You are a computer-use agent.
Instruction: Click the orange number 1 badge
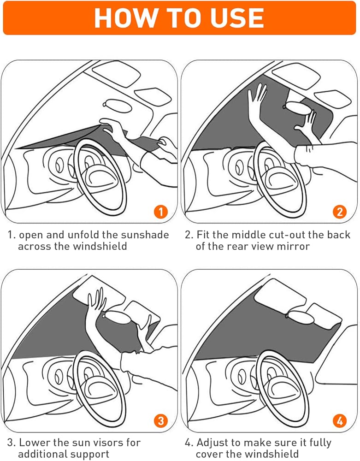[x=160, y=212]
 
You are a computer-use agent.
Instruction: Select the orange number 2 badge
[x=340, y=212]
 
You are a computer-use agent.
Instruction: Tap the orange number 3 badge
[x=160, y=420]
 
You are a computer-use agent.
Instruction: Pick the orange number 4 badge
[x=340, y=420]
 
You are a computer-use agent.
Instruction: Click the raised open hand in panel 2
[x=257, y=100]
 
